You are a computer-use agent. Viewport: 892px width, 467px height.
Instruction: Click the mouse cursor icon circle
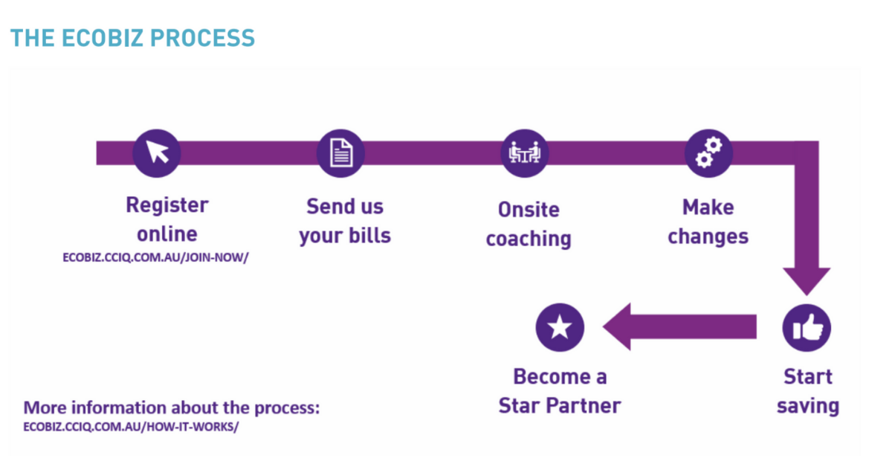click(157, 153)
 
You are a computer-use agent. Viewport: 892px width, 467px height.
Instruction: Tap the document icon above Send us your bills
click(341, 153)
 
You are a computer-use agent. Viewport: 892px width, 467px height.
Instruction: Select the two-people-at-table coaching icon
click(525, 153)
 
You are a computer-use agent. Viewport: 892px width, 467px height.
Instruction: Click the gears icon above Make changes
click(708, 153)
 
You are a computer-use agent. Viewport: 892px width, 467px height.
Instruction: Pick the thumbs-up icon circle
click(807, 327)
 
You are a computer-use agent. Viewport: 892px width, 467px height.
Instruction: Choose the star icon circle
click(560, 327)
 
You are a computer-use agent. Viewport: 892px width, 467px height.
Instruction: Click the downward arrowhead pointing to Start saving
click(807, 281)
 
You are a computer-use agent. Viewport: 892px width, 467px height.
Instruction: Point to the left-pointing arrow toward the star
click(679, 326)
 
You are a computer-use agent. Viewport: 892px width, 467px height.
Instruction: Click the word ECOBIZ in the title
click(103, 38)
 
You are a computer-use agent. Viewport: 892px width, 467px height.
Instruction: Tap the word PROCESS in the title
click(203, 38)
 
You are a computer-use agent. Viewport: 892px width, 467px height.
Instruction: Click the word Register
click(167, 206)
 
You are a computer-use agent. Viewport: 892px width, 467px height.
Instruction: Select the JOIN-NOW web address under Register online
click(155, 257)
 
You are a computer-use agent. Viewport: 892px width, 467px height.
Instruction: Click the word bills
click(370, 235)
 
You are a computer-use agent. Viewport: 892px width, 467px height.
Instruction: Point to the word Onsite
click(529, 210)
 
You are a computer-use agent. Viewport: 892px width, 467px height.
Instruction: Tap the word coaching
click(529, 239)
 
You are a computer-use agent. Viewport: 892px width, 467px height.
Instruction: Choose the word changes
click(708, 237)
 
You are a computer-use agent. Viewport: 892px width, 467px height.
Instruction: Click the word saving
click(809, 407)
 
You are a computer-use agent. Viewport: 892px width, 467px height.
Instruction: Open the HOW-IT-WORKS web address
click(131, 427)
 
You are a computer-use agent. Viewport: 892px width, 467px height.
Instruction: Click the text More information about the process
click(172, 408)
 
